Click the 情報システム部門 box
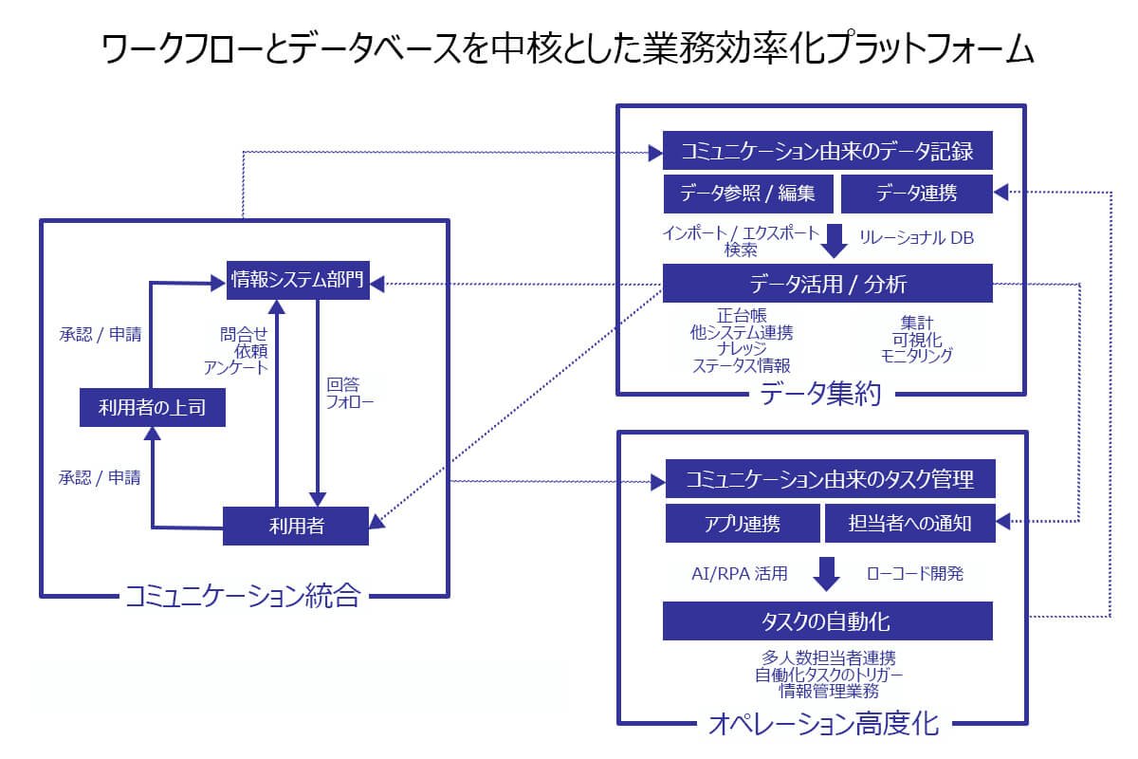click(297, 280)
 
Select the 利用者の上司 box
click(151, 408)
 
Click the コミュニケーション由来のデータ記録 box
click(828, 151)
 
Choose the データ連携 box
click(916, 194)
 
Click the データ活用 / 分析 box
click(828, 284)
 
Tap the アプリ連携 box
click(743, 523)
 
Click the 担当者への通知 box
click(910, 523)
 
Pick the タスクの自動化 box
click(827, 621)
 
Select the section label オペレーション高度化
click(823, 726)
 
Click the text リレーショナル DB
click(916, 238)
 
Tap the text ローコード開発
click(915, 573)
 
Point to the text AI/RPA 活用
click(740, 573)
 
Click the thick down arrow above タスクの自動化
click(828, 573)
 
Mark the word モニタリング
click(916, 356)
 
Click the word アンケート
click(236, 367)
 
